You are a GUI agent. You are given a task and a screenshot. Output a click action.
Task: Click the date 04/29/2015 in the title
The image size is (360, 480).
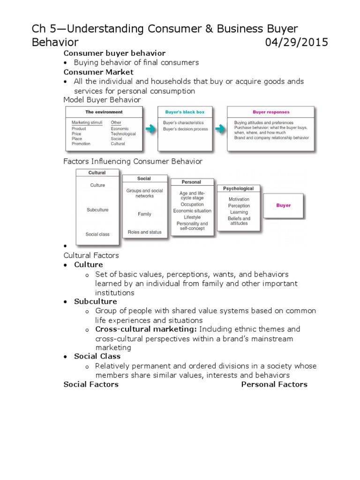[296, 43]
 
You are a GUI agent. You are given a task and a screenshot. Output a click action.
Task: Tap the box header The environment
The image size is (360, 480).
[104, 112]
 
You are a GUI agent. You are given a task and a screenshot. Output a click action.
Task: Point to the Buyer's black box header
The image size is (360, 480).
[185, 112]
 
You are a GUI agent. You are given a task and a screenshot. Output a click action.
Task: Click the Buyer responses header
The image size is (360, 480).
[271, 112]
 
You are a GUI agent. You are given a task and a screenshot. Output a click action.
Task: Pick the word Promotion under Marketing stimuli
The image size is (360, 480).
[81, 144]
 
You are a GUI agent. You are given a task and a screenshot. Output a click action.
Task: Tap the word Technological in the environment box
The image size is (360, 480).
[123, 134]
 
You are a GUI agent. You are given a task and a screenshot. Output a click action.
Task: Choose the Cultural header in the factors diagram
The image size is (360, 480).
[97, 172]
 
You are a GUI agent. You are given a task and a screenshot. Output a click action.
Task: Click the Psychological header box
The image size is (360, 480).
[238, 188]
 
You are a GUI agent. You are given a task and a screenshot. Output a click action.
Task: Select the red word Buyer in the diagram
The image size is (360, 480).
[283, 205]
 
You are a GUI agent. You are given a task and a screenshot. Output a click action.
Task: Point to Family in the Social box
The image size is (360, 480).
[144, 214]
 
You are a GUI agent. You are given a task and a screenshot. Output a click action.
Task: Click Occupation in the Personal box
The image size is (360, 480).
[192, 204]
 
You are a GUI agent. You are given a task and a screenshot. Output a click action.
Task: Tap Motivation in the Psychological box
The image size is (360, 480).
[239, 199]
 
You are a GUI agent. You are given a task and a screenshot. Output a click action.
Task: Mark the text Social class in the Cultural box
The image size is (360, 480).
[97, 234]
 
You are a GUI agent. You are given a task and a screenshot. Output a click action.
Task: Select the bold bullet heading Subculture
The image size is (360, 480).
[96, 301]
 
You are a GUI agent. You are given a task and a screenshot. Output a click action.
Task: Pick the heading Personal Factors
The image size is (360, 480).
[274, 384]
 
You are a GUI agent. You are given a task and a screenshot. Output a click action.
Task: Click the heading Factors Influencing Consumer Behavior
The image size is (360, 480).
[133, 161]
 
